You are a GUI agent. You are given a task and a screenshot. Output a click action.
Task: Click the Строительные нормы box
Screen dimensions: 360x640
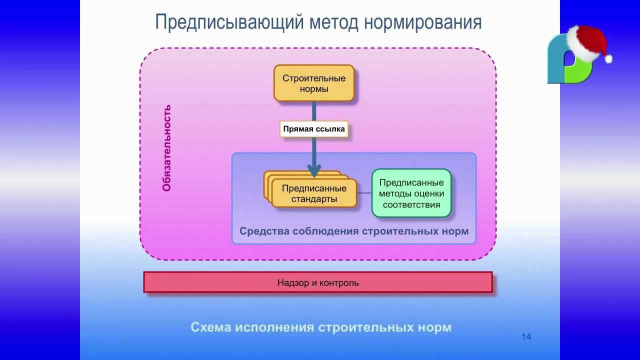[x=314, y=83]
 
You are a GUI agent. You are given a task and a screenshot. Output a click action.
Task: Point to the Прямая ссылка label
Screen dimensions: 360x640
[x=314, y=129]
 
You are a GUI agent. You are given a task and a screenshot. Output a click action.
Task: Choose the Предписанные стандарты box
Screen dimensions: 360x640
[x=314, y=193]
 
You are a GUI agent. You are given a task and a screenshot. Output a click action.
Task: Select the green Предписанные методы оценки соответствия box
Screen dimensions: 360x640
[x=411, y=193]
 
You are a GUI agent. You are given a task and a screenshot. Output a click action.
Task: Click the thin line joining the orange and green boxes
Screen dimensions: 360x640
[x=364, y=193]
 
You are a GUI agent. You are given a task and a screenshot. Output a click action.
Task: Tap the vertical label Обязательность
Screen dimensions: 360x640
[x=167, y=148]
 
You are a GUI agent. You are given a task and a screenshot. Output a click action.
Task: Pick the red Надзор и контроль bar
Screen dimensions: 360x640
[x=318, y=282]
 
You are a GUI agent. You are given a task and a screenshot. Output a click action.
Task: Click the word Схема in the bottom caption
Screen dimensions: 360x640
[x=211, y=327]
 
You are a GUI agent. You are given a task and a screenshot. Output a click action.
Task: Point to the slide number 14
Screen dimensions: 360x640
[x=526, y=337]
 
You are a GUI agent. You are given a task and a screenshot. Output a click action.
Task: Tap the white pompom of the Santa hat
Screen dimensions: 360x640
[x=608, y=59]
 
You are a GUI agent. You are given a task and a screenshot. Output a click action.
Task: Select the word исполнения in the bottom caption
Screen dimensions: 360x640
[x=274, y=327]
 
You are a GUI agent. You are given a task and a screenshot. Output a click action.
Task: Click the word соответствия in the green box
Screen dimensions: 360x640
[x=411, y=204]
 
